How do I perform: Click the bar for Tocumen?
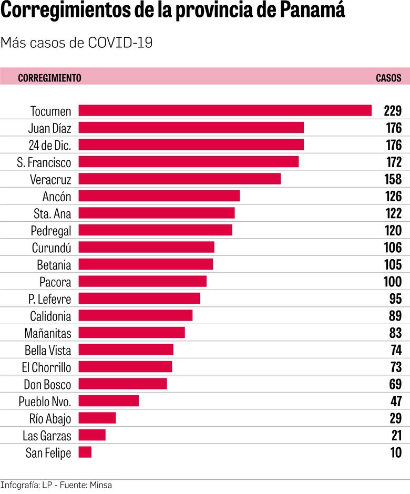click(225, 110)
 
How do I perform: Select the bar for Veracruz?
click(179, 179)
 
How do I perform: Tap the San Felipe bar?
click(85, 452)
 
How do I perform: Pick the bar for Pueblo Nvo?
click(109, 401)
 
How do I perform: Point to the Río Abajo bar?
click(97, 418)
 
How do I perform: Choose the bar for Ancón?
click(159, 196)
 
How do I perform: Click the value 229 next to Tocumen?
click(393, 111)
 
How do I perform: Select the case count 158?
click(393, 179)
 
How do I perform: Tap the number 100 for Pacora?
click(393, 282)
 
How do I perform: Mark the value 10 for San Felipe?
click(396, 452)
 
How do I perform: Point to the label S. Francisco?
click(44, 162)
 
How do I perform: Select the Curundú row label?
click(51, 248)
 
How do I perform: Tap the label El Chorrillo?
click(47, 367)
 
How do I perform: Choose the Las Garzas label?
click(47, 435)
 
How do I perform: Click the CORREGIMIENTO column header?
click(49, 78)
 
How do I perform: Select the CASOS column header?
click(388, 78)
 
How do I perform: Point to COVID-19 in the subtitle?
click(120, 43)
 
